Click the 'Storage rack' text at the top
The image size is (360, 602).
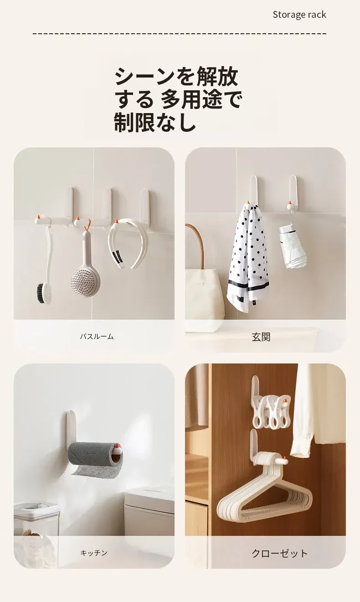pos(299,15)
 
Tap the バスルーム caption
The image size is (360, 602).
pos(97,337)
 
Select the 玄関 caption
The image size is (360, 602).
pos(261,337)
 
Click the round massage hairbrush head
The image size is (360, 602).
pos(85,277)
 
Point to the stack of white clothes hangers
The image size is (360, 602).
pos(256,497)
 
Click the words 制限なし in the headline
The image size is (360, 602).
pos(154,122)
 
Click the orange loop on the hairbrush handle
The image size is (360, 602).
pos(87,226)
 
